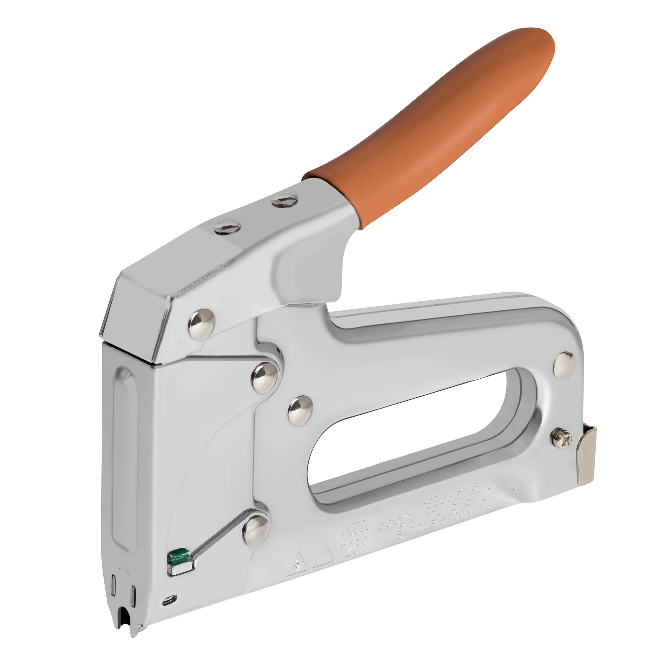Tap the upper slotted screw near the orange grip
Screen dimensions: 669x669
coord(285,200)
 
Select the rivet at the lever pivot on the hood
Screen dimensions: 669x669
coord(201,324)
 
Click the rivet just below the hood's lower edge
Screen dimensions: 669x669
coord(265,377)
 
